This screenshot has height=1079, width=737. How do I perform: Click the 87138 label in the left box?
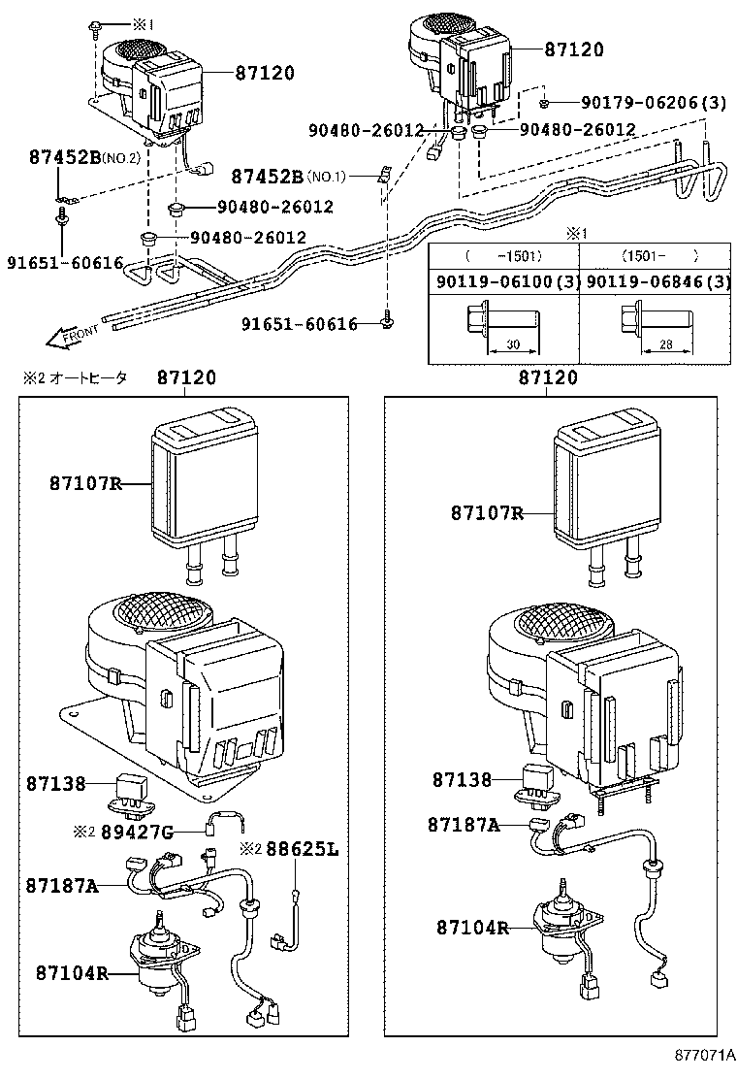tap(55, 781)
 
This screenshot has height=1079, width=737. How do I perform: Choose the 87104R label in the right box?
tap(472, 928)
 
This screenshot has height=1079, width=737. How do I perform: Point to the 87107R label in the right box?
tap(486, 513)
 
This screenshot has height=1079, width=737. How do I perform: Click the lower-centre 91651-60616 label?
tap(302, 324)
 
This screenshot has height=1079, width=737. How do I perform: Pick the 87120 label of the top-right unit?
tap(573, 49)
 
